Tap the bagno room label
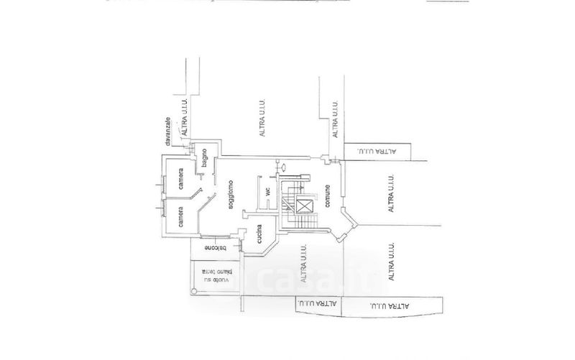click(205, 157)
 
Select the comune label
click(327, 195)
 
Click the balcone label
click(213, 248)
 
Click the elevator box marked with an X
click(305, 208)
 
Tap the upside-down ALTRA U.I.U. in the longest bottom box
click(392, 307)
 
